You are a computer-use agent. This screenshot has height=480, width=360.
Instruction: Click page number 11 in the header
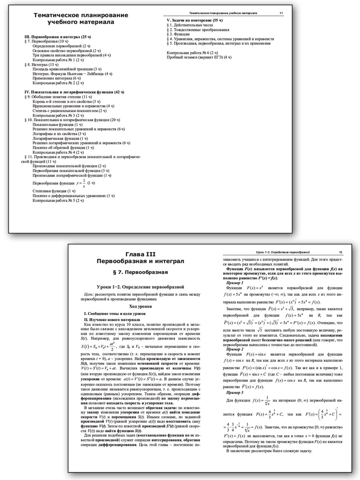tap(281, 13)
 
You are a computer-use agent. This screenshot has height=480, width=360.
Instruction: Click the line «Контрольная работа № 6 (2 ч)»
tap(192, 53)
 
